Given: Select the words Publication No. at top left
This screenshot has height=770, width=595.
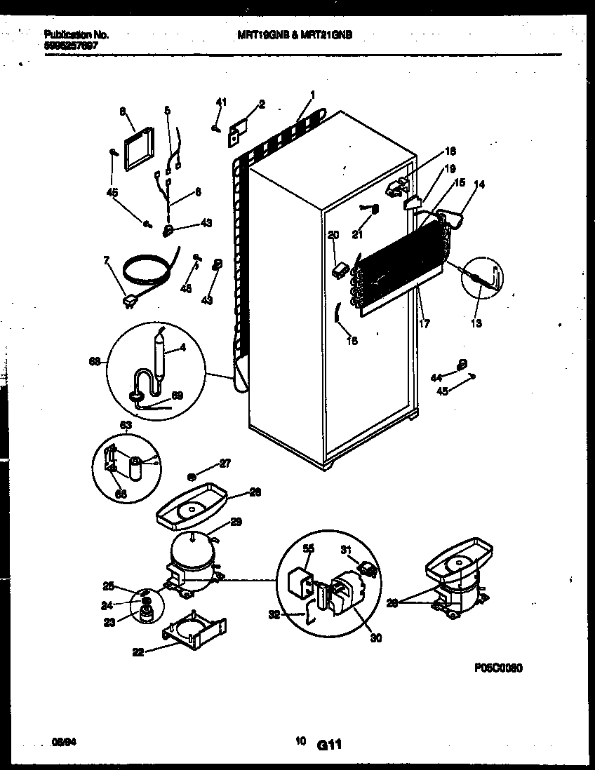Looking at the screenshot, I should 76,34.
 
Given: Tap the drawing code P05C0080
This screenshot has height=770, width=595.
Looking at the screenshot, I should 499,668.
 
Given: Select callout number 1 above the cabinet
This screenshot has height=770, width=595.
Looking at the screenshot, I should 312,95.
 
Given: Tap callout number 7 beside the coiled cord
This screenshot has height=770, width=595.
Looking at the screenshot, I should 107,261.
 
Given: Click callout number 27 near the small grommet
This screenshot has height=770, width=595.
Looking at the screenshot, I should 225,463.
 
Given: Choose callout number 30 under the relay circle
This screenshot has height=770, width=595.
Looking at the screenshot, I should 376,637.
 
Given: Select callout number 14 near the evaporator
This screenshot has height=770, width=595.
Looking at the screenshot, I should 479,184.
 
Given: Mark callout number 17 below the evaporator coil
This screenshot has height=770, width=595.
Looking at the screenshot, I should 424,323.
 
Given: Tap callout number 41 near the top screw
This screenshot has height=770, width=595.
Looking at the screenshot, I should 222,103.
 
